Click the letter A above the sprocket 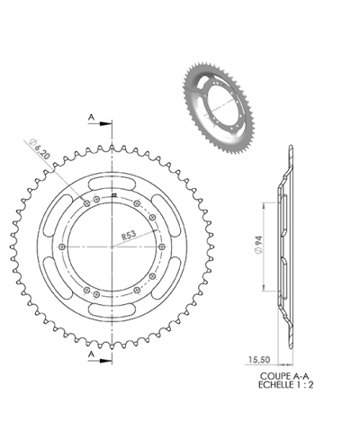click(92, 116)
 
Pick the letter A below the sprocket click(92, 355)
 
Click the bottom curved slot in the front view click(111, 310)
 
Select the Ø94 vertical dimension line click(262, 245)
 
